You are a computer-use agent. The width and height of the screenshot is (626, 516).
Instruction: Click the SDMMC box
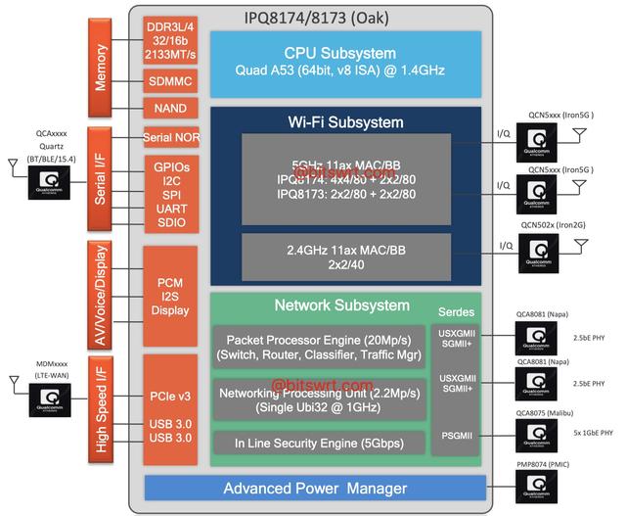(171, 78)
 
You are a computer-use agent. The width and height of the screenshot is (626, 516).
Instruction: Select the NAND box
(171, 108)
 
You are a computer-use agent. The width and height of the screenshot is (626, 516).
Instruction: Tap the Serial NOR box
(171, 137)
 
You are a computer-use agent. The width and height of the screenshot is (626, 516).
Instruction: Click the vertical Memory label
(101, 68)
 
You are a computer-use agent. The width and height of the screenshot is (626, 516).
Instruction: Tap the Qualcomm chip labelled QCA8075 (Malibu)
(534, 432)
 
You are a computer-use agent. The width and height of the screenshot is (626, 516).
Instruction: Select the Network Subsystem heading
(328, 305)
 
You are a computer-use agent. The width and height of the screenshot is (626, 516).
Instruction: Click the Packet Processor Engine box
(319, 344)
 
